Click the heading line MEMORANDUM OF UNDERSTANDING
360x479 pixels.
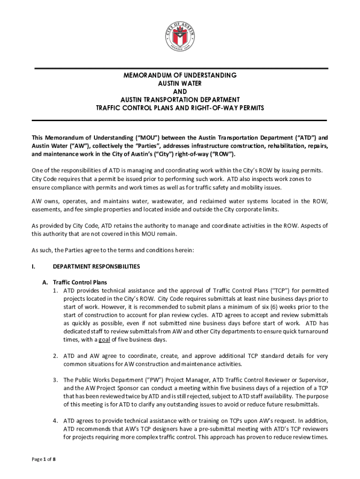(x=180, y=75)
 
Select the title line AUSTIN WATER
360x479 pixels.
(x=180, y=83)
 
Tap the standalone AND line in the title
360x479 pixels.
(x=180, y=92)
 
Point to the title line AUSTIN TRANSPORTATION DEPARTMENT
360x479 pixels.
(x=180, y=100)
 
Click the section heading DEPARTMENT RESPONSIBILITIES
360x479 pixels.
(x=96, y=267)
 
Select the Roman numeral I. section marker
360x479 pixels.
(x=33, y=267)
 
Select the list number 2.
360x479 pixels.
(x=55, y=356)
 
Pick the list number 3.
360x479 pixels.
(x=55, y=380)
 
